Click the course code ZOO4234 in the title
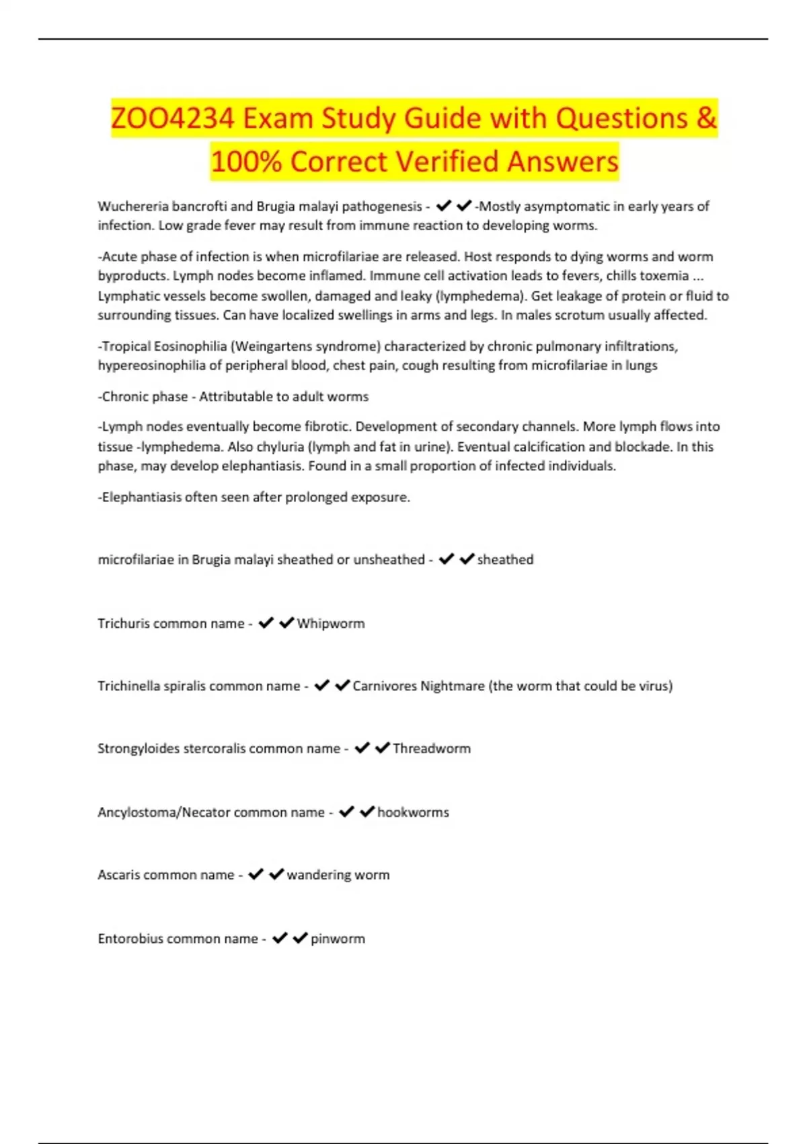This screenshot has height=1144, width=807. pos(173,118)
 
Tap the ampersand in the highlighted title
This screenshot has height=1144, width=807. pos(706,118)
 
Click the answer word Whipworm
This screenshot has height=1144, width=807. pos(331,624)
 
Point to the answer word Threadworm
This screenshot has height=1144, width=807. pos(432,749)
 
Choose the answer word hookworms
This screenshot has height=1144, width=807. pos(413,812)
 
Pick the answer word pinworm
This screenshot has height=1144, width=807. pos(338,939)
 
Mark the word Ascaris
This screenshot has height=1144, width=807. pos(119,875)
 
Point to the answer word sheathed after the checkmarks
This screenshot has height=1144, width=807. pos(505,560)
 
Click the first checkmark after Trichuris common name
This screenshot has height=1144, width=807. pos(266,623)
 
